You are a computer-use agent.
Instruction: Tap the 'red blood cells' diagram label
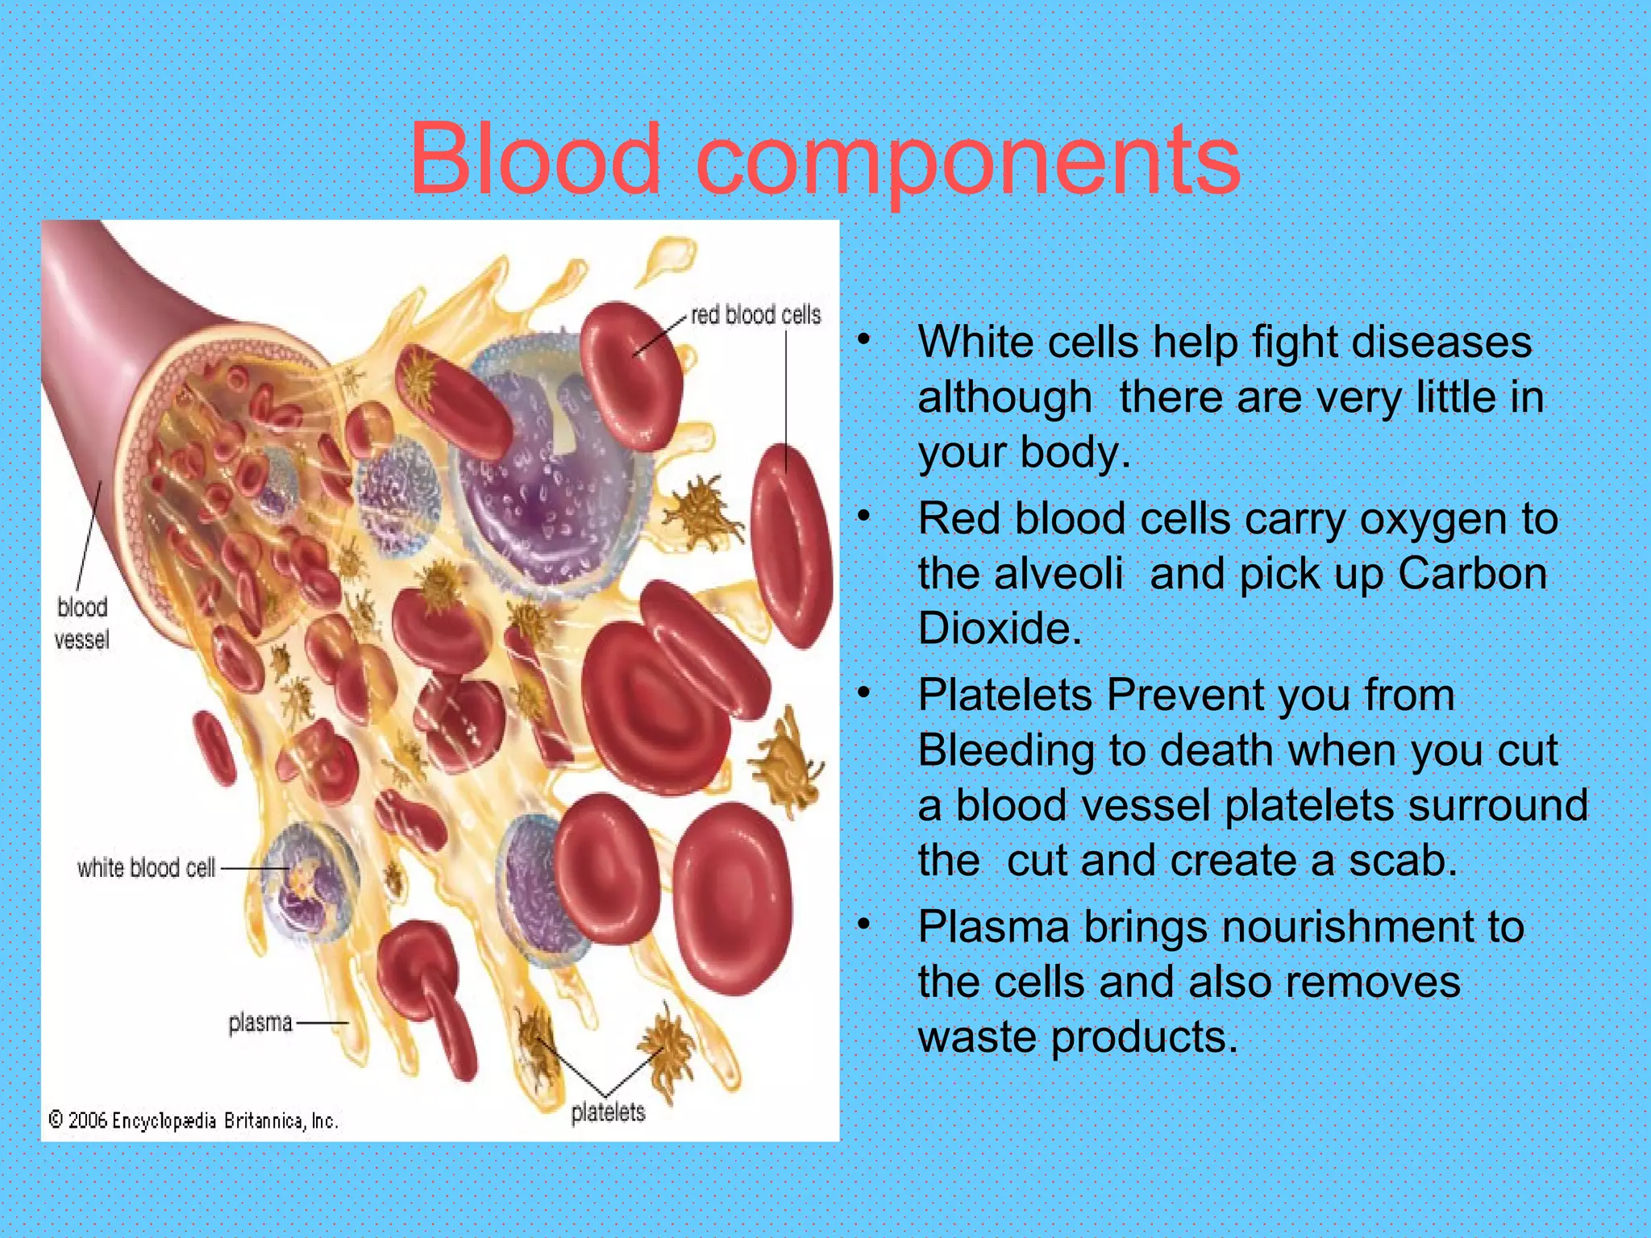pos(755,314)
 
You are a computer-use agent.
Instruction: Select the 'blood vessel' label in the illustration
pos(81,623)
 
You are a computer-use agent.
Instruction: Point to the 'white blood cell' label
pos(146,868)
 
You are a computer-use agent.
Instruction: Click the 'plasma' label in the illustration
pos(260,1023)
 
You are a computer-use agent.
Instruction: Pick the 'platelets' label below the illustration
pos(608,1112)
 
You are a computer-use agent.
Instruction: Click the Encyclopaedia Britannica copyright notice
pos(193,1120)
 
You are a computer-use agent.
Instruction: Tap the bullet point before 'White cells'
pos(864,340)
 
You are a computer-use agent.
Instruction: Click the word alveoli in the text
pos(1058,574)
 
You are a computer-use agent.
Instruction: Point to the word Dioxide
pos(999,629)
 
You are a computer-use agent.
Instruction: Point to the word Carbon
pos(1471,574)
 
